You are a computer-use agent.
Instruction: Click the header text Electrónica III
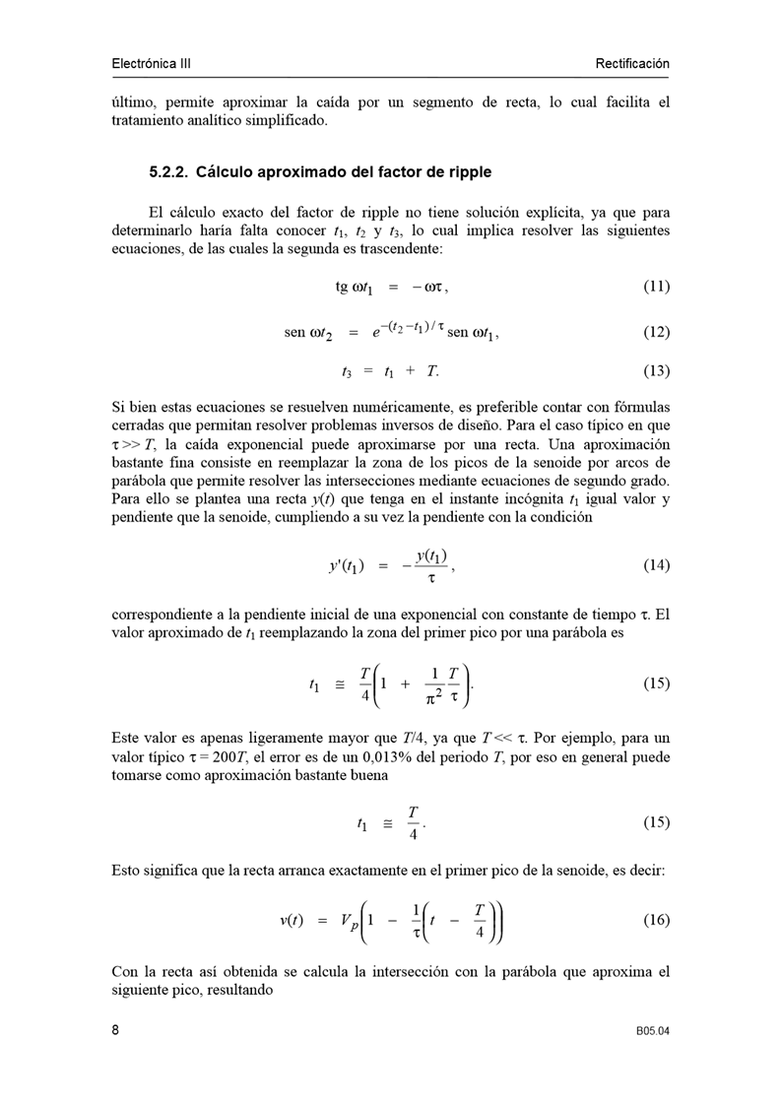[x=151, y=64]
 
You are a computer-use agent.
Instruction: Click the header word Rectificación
[x=631, y=64]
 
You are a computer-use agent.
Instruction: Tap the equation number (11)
[x=656, y=287]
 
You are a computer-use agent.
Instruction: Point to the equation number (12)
[x=656, y=332]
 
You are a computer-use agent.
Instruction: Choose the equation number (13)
[x=656, y=371]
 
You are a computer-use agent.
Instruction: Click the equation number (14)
[x=656, y=565]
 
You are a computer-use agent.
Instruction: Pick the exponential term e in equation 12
[x=376, y=333]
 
